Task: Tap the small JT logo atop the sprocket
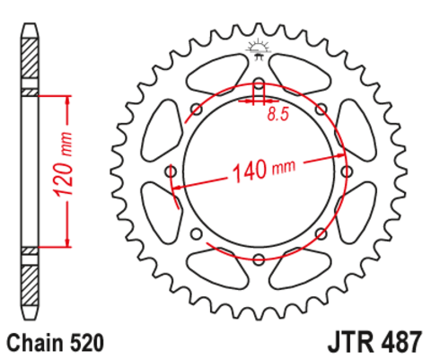[x=258, y=49]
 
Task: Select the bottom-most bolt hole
[x=258, y=260]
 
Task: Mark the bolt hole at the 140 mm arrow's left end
[x=171, y=172]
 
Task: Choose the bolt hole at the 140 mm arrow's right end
[x=346, y=172]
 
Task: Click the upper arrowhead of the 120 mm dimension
[x=66, y=101]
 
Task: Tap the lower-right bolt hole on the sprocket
[x=321, y=234]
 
